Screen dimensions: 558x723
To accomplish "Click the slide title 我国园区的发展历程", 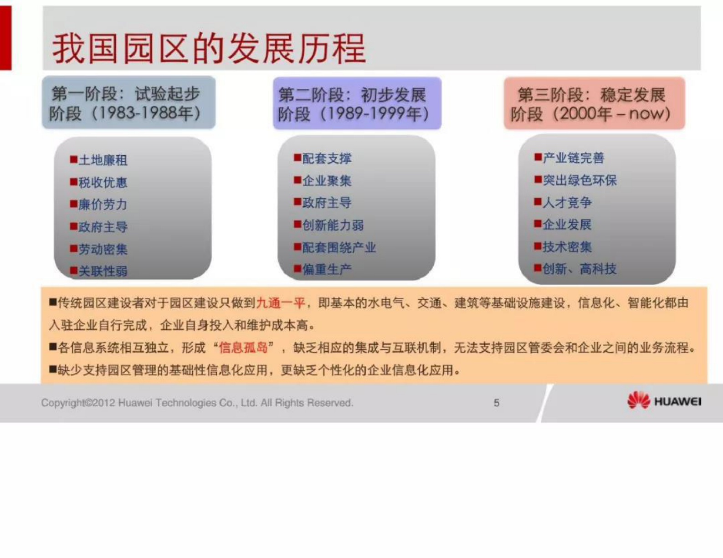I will [x=209, y=48].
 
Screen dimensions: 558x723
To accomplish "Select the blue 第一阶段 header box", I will [x=128, y=103].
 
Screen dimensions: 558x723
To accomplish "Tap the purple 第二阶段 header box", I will [x=357, y=104].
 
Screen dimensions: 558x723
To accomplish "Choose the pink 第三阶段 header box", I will [x=594, y=104].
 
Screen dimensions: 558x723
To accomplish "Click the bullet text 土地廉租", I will [x=103, y=160].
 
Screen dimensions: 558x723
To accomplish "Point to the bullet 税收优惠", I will [x=103, y=183].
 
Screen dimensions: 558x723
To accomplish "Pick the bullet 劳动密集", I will [x=103, y=249].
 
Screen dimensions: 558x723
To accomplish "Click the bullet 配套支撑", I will [x=327, y=159].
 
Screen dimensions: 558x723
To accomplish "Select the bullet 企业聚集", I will [x=327, y=181].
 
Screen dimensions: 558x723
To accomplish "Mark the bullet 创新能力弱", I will [x=333, y=225].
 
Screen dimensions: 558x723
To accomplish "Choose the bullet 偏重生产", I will [x=327, y=270].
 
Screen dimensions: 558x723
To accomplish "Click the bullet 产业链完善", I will [x=573, y=158].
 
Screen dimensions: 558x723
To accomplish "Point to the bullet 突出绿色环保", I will [x=579, y=180].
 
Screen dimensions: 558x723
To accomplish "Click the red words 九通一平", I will [x=281, y=303].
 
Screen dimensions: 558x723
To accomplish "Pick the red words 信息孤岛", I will [x=243, y=348].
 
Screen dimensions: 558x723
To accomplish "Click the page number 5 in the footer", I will [x=497, y=403].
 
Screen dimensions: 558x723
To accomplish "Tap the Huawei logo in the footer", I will [x=664, y=401].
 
